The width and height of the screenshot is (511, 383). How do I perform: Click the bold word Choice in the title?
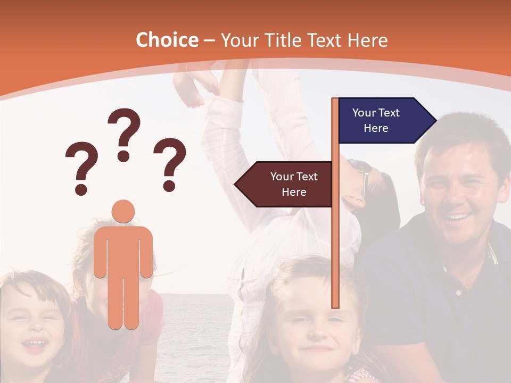(167, 40)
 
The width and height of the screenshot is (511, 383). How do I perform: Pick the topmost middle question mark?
(124, 134)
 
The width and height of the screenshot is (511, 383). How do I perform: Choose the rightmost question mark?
(170, 164)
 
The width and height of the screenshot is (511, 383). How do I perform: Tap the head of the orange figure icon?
(123, 212)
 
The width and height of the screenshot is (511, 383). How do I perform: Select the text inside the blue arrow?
(376, 121)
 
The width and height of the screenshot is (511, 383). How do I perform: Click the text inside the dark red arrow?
(294, 184)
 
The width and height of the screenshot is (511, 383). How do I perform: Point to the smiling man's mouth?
(457, 217)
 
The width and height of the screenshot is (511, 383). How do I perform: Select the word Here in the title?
(367, 40)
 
